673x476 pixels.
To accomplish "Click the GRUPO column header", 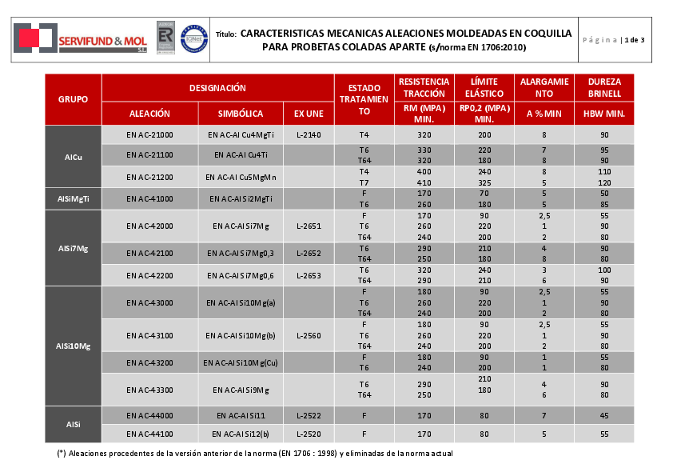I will [73, 99].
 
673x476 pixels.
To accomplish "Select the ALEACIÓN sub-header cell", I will [150, 114].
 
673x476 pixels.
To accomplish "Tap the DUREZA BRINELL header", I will [604, 87].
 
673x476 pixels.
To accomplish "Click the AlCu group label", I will [73, 156].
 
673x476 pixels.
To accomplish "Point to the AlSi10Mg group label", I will [73, 346].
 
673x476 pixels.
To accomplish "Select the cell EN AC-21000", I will [150, 135].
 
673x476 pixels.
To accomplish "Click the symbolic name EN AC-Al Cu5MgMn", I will [241, 177].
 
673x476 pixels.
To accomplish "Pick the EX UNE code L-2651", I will [309, 226].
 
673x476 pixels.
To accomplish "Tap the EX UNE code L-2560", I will [309, 335].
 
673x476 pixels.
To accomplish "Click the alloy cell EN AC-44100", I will [150, 434].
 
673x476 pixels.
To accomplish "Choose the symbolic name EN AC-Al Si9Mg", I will [241, 390].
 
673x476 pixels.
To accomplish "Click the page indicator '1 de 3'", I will [634, 39].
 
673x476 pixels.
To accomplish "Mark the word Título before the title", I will [226, 34].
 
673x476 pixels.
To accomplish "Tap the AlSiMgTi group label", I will [73, 198].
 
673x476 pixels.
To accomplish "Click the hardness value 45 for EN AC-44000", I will [604, 416].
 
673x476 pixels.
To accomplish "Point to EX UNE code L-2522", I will [309, 416].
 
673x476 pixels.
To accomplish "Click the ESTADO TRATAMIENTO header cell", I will [364, 99].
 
